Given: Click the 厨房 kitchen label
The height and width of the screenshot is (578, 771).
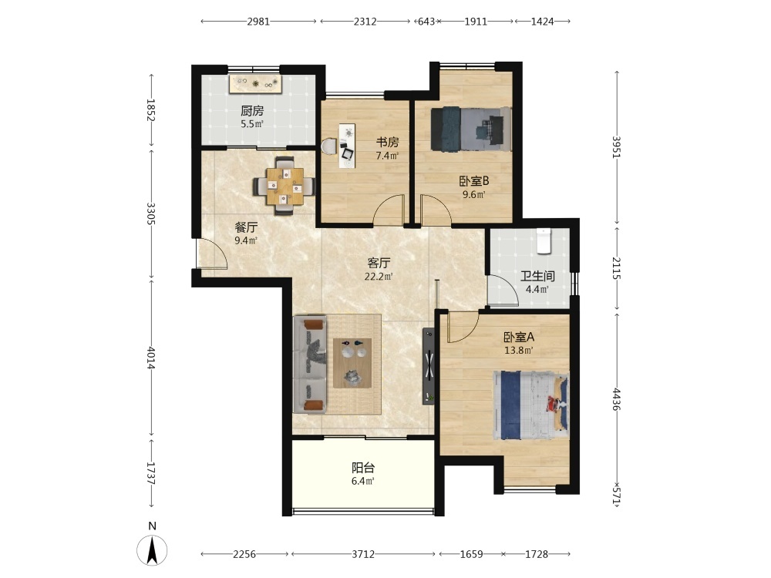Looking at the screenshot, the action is (x=252, y=110).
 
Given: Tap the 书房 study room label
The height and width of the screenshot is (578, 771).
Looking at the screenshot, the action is (x=388, y=143).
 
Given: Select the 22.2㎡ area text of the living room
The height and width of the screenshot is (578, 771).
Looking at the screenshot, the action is (x=379, y=277).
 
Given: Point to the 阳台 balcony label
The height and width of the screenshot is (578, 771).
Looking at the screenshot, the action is (x=363, y=468).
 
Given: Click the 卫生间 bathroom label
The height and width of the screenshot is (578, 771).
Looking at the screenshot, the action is (x=538, y=276).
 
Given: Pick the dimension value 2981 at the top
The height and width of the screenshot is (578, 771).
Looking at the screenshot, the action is (x=258, y=22).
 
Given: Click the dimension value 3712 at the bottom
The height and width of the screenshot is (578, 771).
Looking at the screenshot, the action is (x=363, y=554).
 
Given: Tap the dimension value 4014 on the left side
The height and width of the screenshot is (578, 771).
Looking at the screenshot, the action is (x=151, y=358).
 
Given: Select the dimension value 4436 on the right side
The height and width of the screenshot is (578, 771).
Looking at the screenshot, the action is (x=617, y=399).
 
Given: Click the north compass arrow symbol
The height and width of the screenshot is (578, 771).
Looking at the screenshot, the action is (x=152, y=550).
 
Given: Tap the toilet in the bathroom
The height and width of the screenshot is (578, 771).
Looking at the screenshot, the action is (x=544, y=240).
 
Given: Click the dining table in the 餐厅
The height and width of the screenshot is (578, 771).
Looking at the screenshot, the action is (x=284, y=186).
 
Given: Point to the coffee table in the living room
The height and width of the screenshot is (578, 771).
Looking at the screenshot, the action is (x=352, y=363).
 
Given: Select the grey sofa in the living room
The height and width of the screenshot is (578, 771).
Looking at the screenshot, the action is (x=310, y=365).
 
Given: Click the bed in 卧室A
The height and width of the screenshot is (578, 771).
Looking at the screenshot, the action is (x=531, y=405).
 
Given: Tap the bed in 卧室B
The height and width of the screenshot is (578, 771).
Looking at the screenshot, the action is (x=471, y=129).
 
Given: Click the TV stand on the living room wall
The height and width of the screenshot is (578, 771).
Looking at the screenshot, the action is (x=429, y=366).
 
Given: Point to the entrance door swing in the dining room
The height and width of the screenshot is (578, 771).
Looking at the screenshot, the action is (x=212, y=254).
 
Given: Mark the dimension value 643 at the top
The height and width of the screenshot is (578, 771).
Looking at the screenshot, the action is (x=426, y=22).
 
